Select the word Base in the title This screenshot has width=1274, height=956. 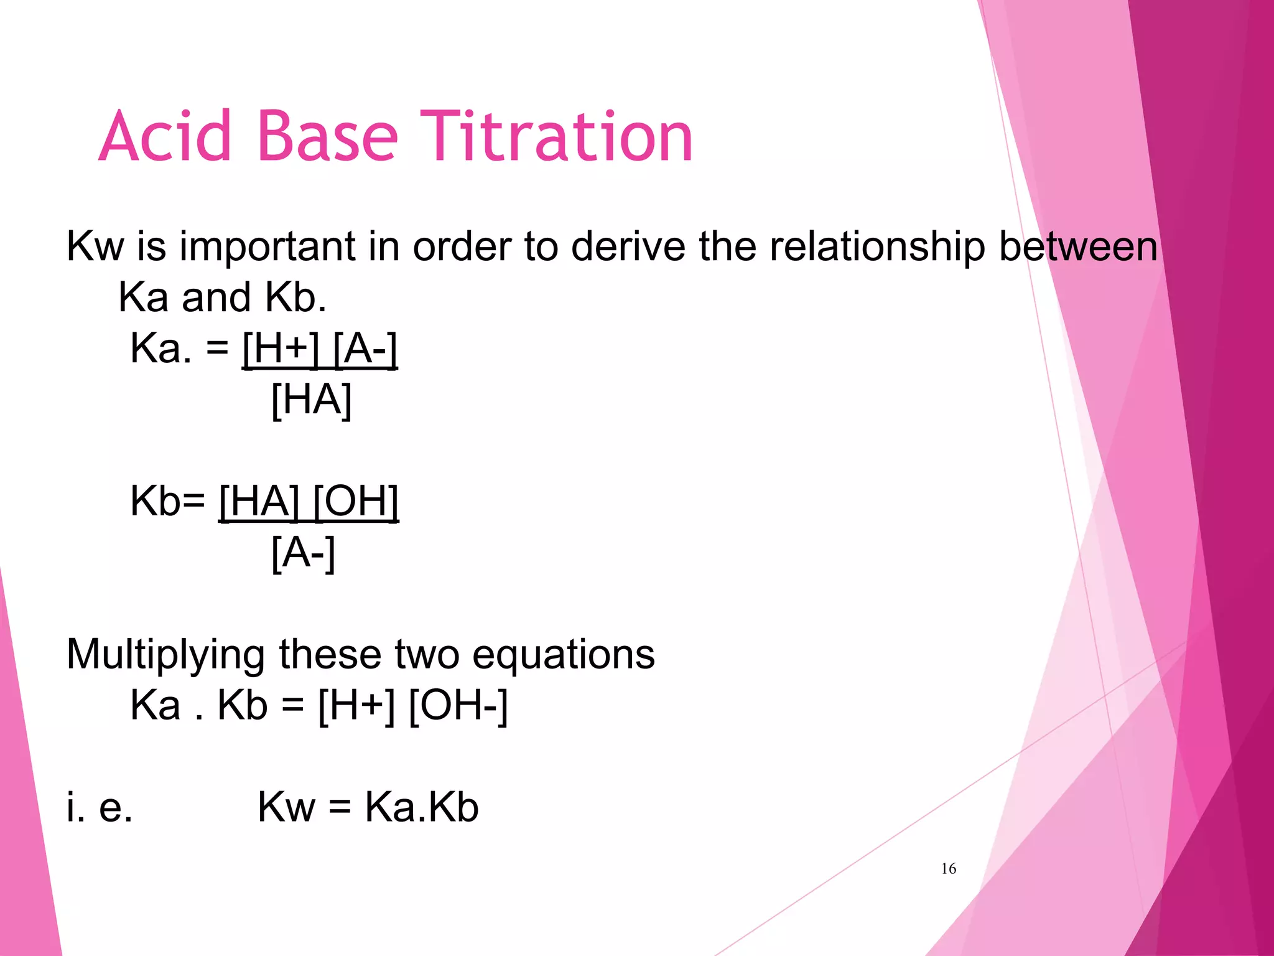pos(327,137)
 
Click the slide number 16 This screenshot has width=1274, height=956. pos(948,868)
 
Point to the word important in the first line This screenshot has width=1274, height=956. pos(267,247)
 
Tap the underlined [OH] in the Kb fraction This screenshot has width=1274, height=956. pos(355,501)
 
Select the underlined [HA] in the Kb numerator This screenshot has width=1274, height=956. pos(259,501)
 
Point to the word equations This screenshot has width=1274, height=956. pos(563,655)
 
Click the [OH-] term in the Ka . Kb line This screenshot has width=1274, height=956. pos(458,706)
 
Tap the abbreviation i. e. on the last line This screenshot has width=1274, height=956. pos(100,807)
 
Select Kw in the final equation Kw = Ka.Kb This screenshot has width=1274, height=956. pos(287,807)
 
